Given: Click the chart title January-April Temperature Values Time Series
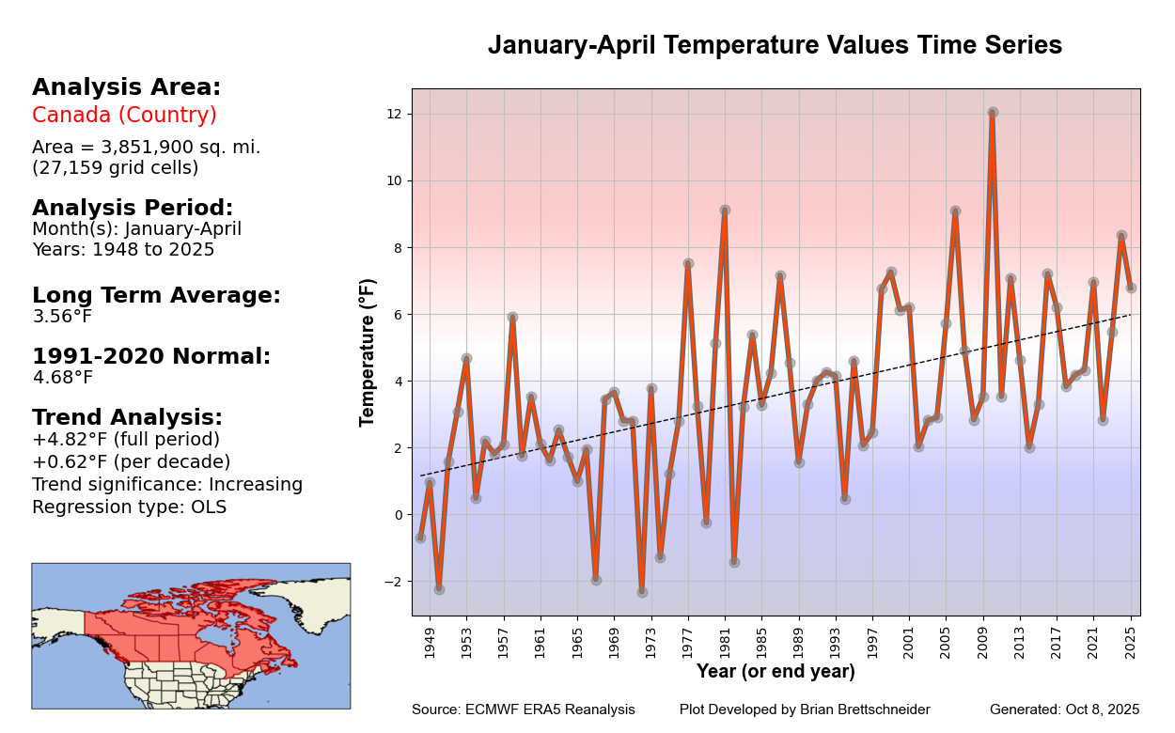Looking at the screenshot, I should (x=775, y=46).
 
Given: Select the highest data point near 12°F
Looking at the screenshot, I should (x=993, y=113).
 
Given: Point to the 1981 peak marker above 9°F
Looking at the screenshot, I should (x=725, y=211).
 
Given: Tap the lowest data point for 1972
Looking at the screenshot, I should (x=642, y=592).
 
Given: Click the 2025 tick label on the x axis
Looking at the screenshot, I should (x=1132, y=644).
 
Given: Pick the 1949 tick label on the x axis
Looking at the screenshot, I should (x=431, y=644).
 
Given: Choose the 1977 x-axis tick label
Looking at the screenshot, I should (x=688, y=644).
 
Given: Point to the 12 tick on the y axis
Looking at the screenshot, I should (x=394, y=114).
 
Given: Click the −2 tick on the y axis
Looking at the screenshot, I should (x=392, y=582).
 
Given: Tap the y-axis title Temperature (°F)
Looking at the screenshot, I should (x=368, y=352).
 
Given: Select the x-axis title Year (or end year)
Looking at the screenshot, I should (x=775, y=672).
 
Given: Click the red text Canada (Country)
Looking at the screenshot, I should (x=124, y=116).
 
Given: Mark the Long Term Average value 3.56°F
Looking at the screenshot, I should (x=62, y=317).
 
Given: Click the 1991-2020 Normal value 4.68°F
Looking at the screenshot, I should (x=62, y=378).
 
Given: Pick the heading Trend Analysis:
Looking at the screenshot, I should (x=127, y=418).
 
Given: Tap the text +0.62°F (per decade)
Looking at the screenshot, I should (x=131, y=462).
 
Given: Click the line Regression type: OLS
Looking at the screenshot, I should (x=129, y=507).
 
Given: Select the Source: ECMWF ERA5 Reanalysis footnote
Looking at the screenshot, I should (x=523, y=710).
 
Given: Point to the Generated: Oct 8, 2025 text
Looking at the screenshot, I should (x=1064, y=710).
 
